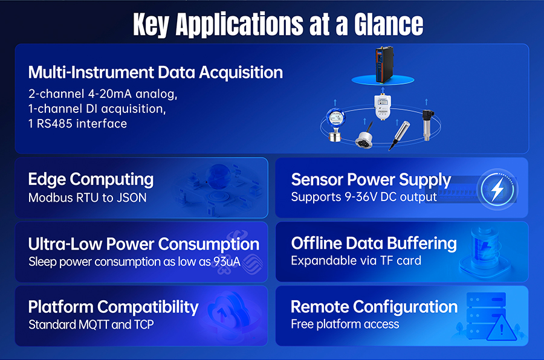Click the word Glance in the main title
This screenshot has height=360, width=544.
point(389,24)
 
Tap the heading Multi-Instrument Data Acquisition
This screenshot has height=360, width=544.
point(155,72)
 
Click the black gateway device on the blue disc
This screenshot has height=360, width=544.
point(384,65)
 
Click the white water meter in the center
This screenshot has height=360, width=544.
point(383,106)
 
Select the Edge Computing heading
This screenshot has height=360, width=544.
point(91,180)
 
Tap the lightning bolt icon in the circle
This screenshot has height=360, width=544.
point(497,190)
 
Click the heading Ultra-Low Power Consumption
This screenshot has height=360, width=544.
point(144,244)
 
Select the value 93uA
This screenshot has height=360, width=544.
point(227,262)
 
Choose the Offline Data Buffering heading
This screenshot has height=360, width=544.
point(374,243)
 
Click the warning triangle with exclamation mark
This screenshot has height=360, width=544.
point(502,329)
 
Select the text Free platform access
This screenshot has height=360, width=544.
point(345,324)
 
